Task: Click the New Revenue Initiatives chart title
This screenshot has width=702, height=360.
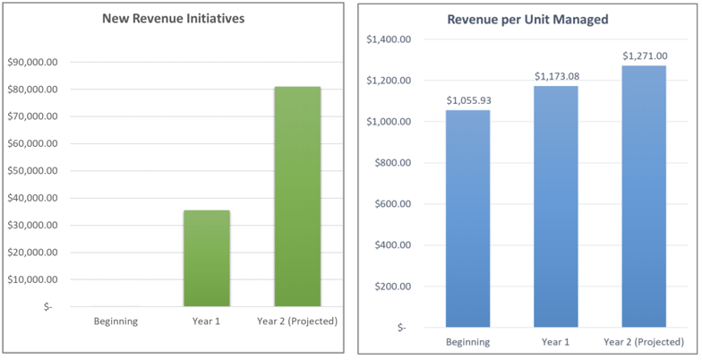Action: click(173, 19)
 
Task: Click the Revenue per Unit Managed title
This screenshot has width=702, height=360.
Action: click(528, 19)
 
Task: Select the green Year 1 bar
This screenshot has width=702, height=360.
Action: click(207, 258)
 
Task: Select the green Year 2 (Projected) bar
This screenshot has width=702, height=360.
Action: click(297, 196)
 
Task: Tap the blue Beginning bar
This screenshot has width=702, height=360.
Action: click(468, 219)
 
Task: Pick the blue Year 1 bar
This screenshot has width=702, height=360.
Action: click(556, 206)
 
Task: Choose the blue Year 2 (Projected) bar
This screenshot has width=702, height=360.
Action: click(644, 196)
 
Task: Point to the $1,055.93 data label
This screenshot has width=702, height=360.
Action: click(468, 100)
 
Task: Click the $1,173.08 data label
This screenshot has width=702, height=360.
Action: click(556, 76)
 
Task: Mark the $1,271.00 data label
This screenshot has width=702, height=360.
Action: click(644, 56)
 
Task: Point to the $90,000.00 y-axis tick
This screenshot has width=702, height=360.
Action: click(32, 63)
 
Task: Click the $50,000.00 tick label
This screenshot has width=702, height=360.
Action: click(32, 171)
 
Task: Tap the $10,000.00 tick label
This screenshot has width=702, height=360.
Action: click(32, 279)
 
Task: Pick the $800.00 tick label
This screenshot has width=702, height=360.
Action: click(392, 163)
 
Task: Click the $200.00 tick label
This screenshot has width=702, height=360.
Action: click(392, 287)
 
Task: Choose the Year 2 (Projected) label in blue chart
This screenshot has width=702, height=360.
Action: click(644, 342)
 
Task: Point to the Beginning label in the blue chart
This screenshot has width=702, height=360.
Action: click(468, 342)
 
